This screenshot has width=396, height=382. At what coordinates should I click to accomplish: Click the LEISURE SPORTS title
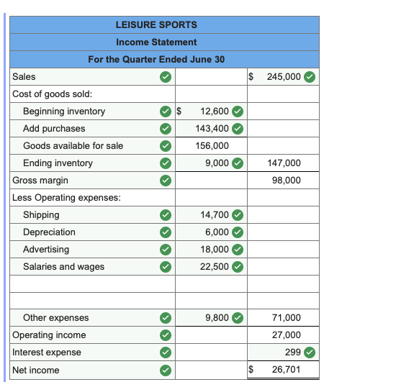(x=156, y=24)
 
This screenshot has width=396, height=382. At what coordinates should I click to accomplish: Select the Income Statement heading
(x=156, y=42)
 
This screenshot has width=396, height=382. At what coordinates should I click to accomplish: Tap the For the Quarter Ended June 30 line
(x=156, y=59)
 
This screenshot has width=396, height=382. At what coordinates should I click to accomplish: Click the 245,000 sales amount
(x=284, y=76)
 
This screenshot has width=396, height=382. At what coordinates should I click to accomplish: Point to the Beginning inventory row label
(x=64, y=112)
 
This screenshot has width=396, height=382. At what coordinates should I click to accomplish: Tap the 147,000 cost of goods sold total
(x=284, y=163)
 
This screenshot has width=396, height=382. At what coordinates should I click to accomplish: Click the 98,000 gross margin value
(x=287, y=181)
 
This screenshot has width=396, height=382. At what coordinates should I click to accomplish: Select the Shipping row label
(x=41, y=215)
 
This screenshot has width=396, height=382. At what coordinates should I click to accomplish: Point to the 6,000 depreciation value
(x=217, y=232)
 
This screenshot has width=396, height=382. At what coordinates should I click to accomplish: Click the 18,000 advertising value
(x=214, y=250)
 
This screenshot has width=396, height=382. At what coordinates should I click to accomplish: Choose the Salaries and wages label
(x=63, y=267)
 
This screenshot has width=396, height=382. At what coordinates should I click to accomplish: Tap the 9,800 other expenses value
(x=217, y=318)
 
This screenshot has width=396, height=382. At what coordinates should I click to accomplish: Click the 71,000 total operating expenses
(x=287, y=318)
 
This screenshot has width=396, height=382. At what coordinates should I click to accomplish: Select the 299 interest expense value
(x=292, y=353)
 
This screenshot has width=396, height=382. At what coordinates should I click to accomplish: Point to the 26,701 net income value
(x=287, y=370)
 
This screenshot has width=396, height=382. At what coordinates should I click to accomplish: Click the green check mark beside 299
(x=310, y=353)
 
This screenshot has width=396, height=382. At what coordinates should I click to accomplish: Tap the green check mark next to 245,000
(x=310, y=76)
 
